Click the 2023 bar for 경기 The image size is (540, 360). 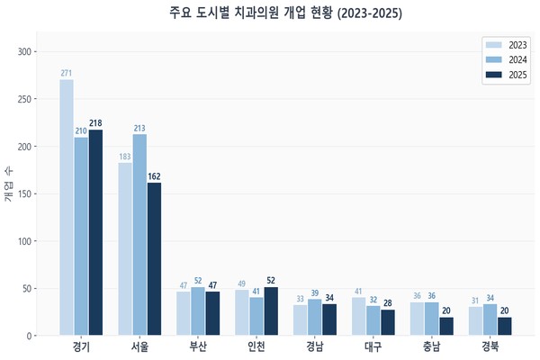pyautogui.click(x=67, y=208)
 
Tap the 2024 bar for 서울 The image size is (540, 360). pyautogui.click(x=139, y=235)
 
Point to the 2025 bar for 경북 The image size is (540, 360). pyautogui.click(x=505, y=327)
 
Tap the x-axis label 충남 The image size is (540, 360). pyautogui.click(x=432, y=346)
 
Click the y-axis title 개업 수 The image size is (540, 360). pyautogui.click(x=9, y=186)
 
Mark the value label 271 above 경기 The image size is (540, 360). pyautogui.click(x=67, y=73)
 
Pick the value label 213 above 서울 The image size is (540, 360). pyautogui.click(x=139, y=128)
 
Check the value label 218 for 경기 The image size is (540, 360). pyautogui.click(x=95, y=123)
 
